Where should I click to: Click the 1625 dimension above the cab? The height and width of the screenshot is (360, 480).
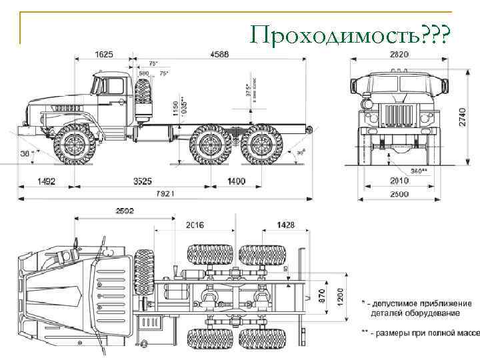pyautogui.click(x=104, y=54)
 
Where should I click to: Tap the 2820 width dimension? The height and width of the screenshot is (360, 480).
pyautogui.click(x=399, y=54)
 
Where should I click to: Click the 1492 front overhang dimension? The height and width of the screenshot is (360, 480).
pyautogui.click(x=47, y=181)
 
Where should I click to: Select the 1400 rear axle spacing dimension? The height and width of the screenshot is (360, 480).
pyautogui.click(x=236, y=181)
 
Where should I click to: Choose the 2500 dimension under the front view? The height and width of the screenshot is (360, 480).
pyautogui.click(x=399, y=194)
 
